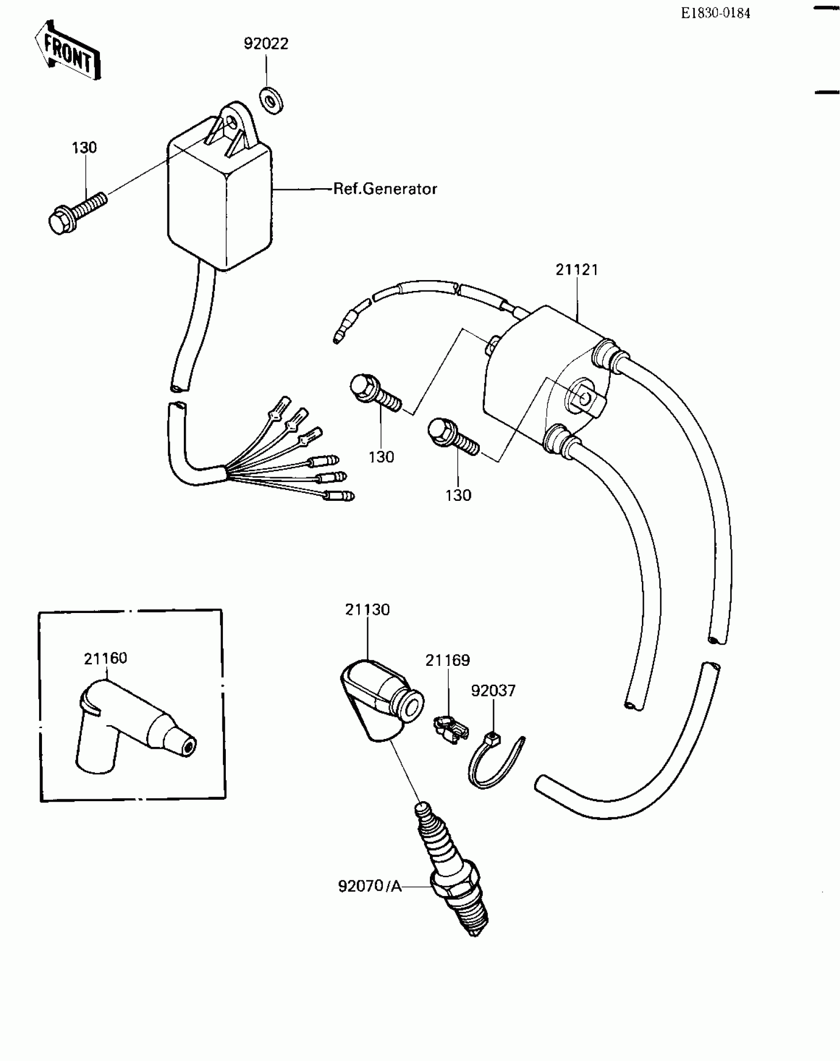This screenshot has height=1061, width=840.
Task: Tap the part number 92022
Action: [x=266, y=44]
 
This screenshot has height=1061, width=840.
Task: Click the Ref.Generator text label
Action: [x=385, y=189]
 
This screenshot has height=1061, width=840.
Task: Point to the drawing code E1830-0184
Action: [x=715, y=14]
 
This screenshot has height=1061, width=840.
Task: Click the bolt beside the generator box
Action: [x=77, y=212]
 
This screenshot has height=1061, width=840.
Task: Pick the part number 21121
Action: [x=577, y=270]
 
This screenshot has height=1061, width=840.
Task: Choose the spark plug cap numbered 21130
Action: [x=380, y=701]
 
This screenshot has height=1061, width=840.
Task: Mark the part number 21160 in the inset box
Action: [x=105, y=658]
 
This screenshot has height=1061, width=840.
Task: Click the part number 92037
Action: [x=493, y=691]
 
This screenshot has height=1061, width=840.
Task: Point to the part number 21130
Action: [x=367, y=610]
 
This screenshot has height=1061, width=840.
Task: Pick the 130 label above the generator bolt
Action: [x=84, y=148]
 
